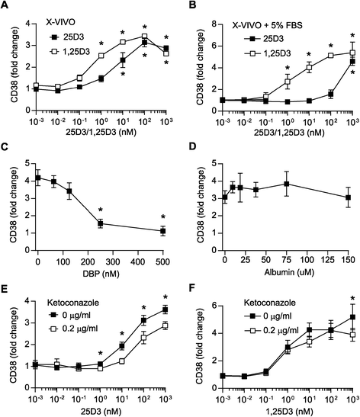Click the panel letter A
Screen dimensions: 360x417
[x=5, y=5]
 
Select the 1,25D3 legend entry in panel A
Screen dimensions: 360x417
[x=70, y=51]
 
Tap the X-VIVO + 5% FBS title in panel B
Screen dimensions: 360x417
[x=268, y=25]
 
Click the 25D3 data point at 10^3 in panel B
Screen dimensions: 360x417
[x=352, y=62]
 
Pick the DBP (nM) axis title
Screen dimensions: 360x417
[x=102, y=273]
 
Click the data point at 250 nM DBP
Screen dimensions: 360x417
[x=101, y=224]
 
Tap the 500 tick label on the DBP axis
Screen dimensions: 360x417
[x=162, y=261]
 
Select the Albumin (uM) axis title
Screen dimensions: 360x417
[x=289, y=272]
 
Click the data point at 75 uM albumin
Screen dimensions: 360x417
[x=287, y=184]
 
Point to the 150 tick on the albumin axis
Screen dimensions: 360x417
[x=348, y=259]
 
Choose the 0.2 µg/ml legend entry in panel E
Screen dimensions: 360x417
[x=74, y=329]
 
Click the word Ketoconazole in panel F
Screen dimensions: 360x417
[x=269, y=303]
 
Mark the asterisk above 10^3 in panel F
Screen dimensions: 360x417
[x=353, y=299]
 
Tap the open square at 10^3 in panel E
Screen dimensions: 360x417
[x=166, y=326]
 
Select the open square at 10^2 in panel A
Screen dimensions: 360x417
[x=144, y=36]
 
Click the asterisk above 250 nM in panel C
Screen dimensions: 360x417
[x=101, y=210]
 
